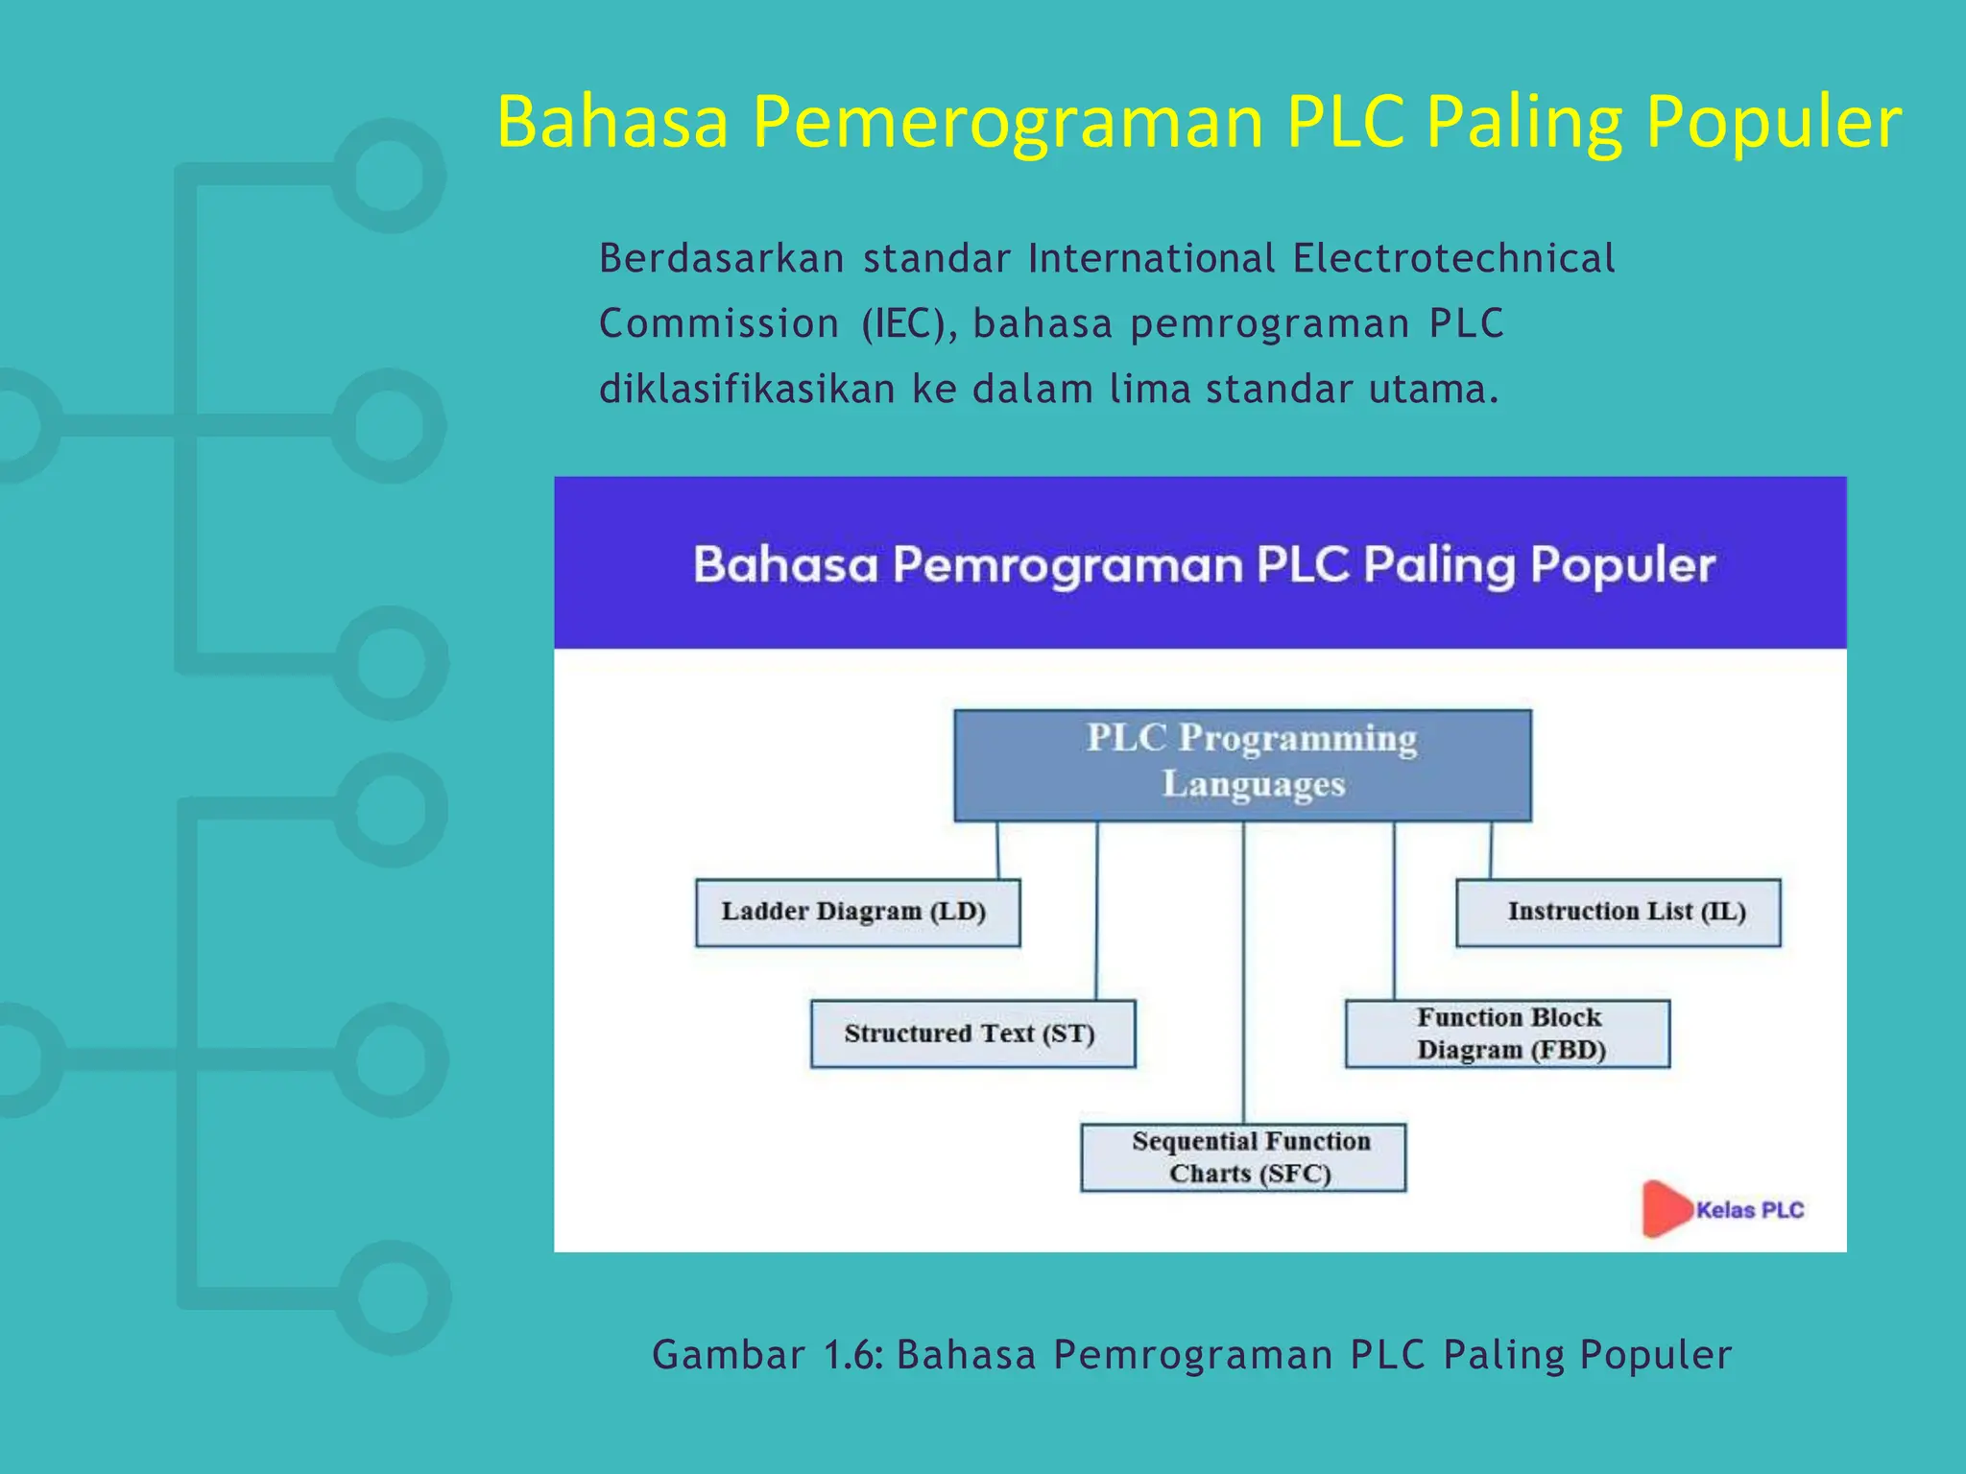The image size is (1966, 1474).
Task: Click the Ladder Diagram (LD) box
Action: pyautogui.click(x=857, y=913)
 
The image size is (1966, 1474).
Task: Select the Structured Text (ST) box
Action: pyautogui.click(x=972, y=1034)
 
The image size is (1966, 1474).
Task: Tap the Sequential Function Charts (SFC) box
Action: pyautogui.click(x=1243, y=1157)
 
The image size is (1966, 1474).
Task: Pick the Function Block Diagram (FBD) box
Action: pyautogui.click(x=1507, y=1034)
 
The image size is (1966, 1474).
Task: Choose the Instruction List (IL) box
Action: pyautogui.click(x=1618, y=913)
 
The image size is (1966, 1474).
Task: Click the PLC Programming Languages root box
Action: pyautogui.click(x=1242, y=765)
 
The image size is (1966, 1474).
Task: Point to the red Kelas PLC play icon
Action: pyautogui.click(x=1664, y=1208)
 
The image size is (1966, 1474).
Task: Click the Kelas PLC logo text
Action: pyautogui.click(x=1750, y=1210)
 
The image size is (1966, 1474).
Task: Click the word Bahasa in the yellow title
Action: pyautogui.click(x=612, y=123)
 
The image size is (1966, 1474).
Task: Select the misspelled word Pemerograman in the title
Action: pyautogui.click(x=1008, y=123)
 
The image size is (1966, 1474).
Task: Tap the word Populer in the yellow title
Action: pyautogui.click(x=1773, y=123)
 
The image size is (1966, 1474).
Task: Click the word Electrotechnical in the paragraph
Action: pyautogui.click(x=1453, y=259)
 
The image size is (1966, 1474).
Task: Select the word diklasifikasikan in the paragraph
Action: pyautogui.click(x=747, y=390)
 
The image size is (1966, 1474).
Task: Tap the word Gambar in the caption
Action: pyautogui.click(x=729, y=1355)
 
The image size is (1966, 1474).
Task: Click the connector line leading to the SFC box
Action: pyautogui.click(x=1243, y=969)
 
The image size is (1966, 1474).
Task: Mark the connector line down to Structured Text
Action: pyautogui.click(x=1096, y=912)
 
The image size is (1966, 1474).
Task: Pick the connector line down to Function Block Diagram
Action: pyautogui.click(x=1394, y=912)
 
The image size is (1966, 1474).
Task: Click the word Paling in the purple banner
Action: pyautogui.click(x=1439, y=565)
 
